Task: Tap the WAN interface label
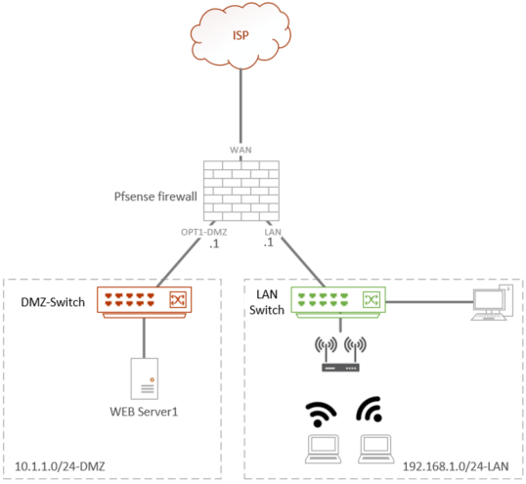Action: (x=241, y=150)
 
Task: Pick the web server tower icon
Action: (x=145, y=377)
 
